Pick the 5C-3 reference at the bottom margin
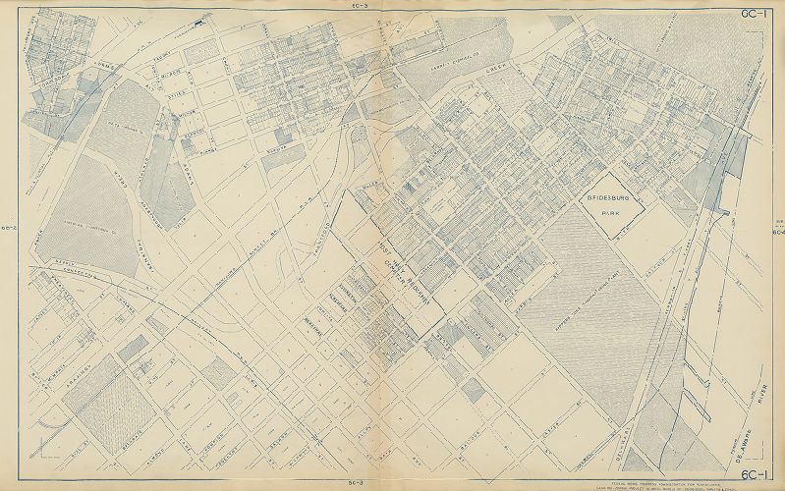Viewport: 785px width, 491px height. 360,484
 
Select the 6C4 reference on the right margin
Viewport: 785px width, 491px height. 777,233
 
